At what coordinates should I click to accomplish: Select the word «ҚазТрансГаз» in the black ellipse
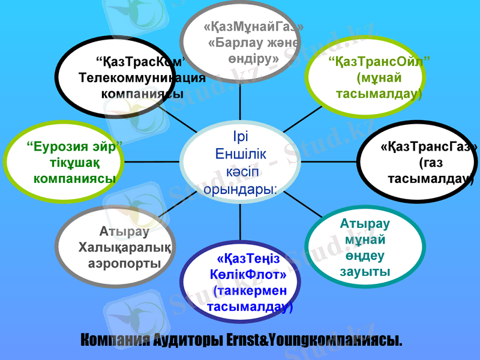(430, 146)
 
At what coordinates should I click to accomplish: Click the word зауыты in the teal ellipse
(365, 272)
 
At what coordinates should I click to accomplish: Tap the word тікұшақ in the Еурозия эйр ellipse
(74, 163)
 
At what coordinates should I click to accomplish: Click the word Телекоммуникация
(142, 77)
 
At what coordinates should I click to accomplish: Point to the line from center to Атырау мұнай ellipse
(309, 206)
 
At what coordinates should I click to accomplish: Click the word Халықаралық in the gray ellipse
(125, 248)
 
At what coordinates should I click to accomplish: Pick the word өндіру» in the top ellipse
(253, 59)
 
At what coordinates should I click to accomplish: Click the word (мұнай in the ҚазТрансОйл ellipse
(379, 77)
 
